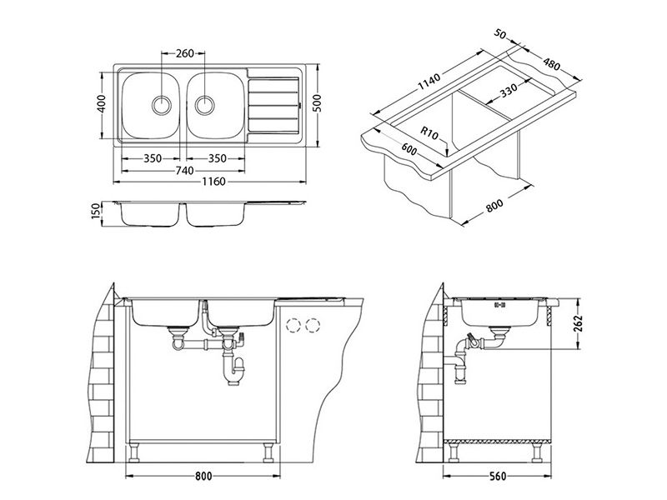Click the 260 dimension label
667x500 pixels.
coord(185,53)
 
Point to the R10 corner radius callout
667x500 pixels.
coord(430,132)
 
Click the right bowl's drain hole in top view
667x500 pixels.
coord(207,105)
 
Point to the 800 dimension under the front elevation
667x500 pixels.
coord(203,476)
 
